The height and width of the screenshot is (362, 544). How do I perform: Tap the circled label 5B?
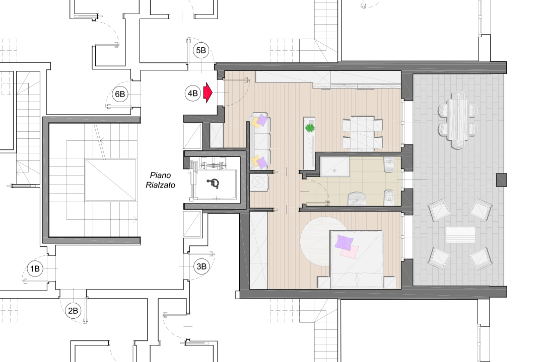click(201, 50)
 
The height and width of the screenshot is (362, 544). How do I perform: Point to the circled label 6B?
click(120, 94)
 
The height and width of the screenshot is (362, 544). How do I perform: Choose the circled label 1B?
click(35, 269)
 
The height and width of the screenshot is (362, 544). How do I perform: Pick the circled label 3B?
click(201, 266)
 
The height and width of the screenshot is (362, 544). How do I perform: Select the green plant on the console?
click(309, 128)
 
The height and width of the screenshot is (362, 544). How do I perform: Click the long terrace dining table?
click(458, 120)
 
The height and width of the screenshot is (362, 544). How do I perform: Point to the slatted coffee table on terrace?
click(460, 235)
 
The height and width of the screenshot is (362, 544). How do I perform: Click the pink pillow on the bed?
click(349, 251)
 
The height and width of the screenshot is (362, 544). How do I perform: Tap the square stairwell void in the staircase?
click(110, 180)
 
